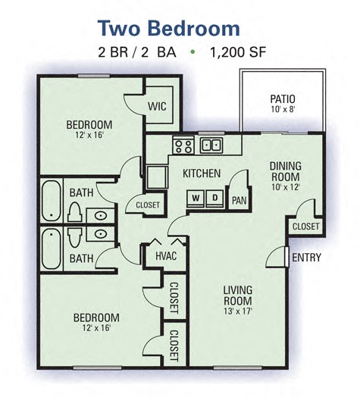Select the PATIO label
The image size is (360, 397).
click(x=282, y=98)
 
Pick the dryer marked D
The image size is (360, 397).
click(x=214, y=199)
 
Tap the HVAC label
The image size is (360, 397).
click(x=165, y=256)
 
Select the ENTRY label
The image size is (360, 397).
click(x=306, y=258)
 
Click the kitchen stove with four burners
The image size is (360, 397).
click(x=183, y=144)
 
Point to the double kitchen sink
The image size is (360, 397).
click(x=211, y=144)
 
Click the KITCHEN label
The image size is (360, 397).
click(x=202, y=173)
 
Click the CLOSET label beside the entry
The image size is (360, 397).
click(x=306, y=226)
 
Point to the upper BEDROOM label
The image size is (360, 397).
click(x=89, y=125)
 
